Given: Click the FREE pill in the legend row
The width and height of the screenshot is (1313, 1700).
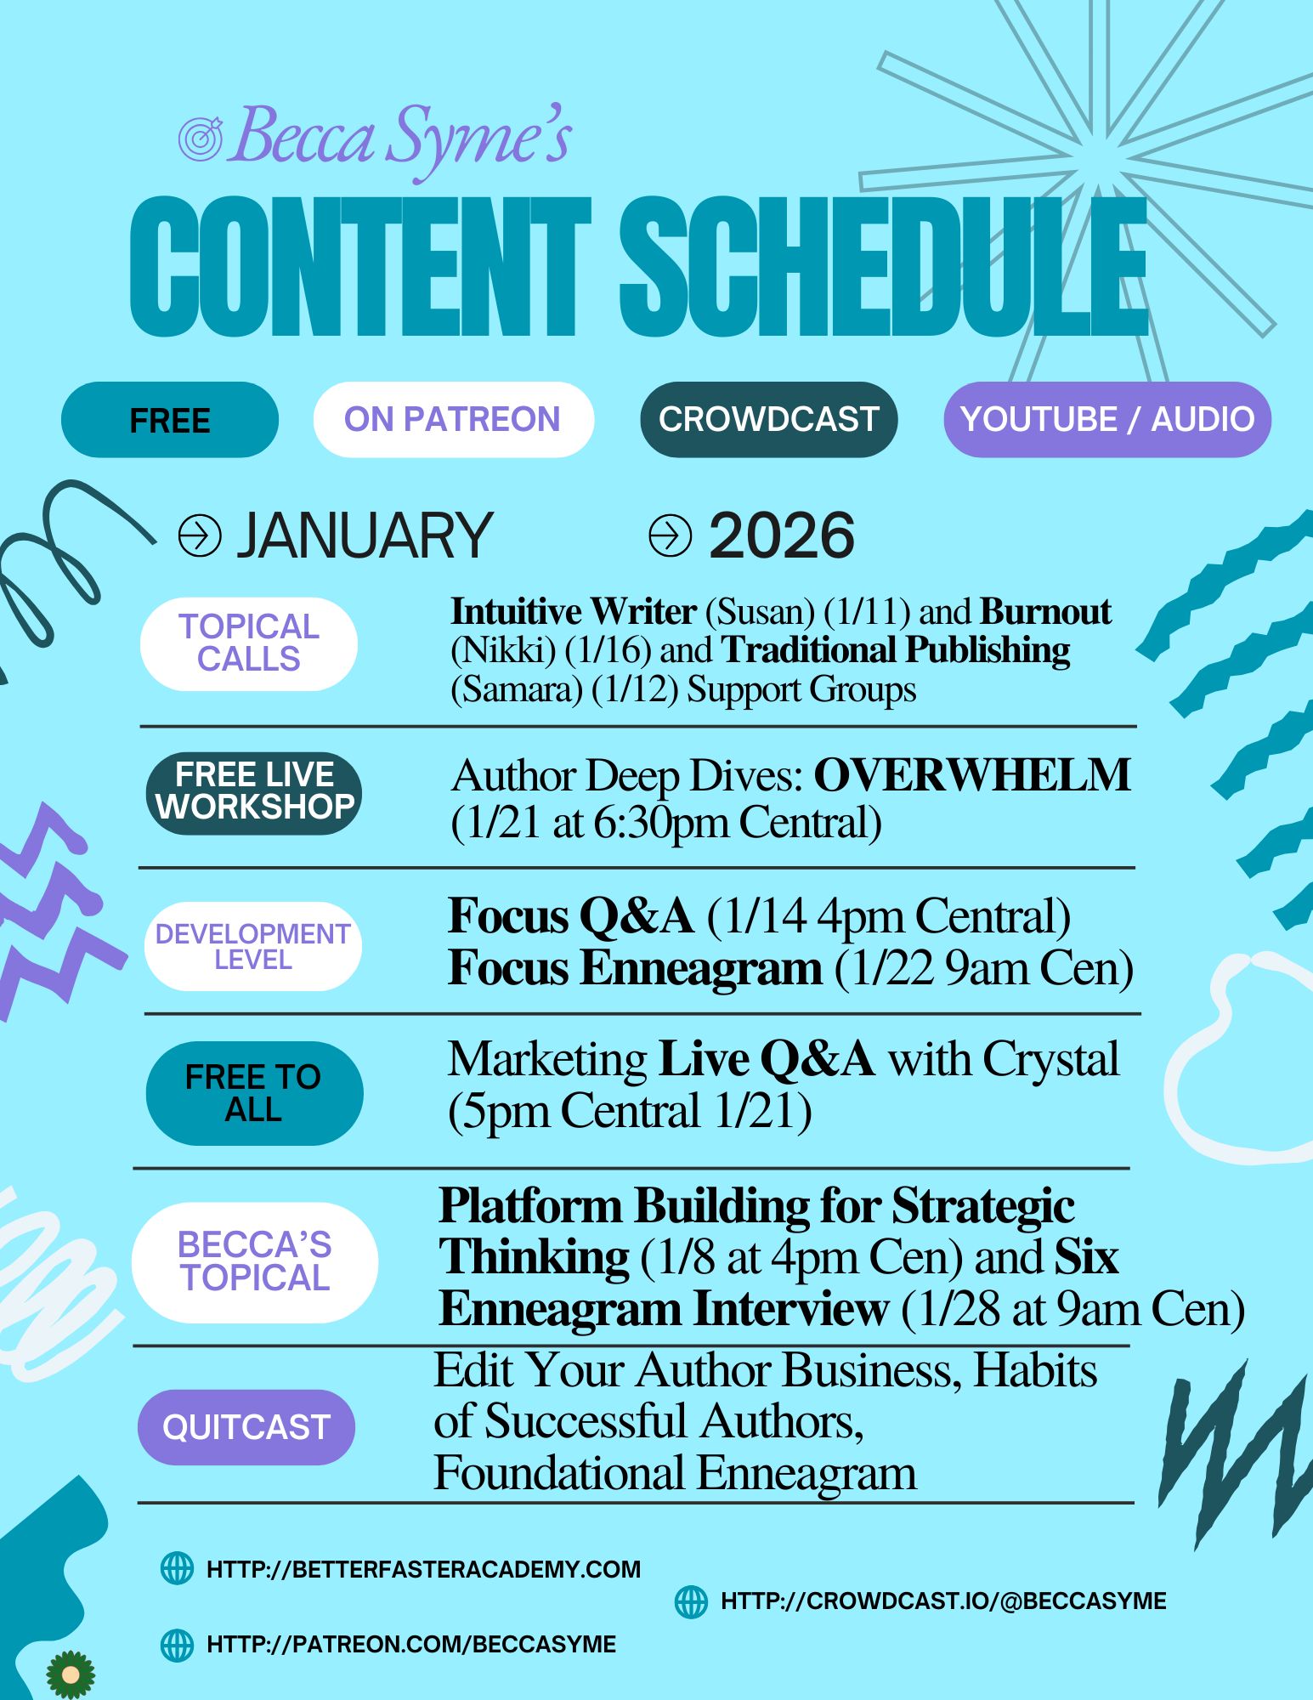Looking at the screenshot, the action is [x=170, y=420].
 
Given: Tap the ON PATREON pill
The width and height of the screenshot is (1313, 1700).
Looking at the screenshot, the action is [x=453, y=420].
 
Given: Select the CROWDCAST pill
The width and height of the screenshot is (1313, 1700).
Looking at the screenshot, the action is [x=769, y=420].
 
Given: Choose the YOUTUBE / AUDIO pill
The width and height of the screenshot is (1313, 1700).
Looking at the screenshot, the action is [x=1107, y=420].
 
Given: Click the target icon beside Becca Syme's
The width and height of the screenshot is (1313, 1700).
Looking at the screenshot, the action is [x=201, y=138].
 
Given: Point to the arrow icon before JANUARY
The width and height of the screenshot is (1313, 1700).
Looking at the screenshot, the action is [x=200, y=535].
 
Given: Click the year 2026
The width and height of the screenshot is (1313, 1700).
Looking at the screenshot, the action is [x=782, y=535].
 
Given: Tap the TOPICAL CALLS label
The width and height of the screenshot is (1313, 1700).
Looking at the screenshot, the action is [x=249, y=643].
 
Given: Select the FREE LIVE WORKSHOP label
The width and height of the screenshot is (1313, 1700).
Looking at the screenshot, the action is [x=254, y=793].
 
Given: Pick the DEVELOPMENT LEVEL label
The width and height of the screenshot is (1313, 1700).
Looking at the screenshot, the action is [x=253, y=946].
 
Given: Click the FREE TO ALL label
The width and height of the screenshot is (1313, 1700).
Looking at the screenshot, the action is [x=254, y=1093].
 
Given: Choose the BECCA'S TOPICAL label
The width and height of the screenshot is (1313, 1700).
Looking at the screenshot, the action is [x=254, y=1262].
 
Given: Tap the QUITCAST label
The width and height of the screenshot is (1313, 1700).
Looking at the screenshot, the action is [x=246, y=1427].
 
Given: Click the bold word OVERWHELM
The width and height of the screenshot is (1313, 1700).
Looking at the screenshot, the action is [x=972, y=775].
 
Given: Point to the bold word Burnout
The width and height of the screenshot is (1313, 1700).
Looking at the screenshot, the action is [x=1045, y=611].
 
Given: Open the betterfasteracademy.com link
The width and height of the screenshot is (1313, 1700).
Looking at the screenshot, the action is [x=424, y=1569].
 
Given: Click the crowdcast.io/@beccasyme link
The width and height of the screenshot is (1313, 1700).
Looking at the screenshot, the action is [x=943, y=1601].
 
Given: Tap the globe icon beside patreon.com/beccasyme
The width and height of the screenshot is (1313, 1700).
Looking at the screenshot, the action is [x=177, y=1645].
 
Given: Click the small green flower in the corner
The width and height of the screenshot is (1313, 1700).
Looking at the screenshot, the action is [x=71, y=1674].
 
